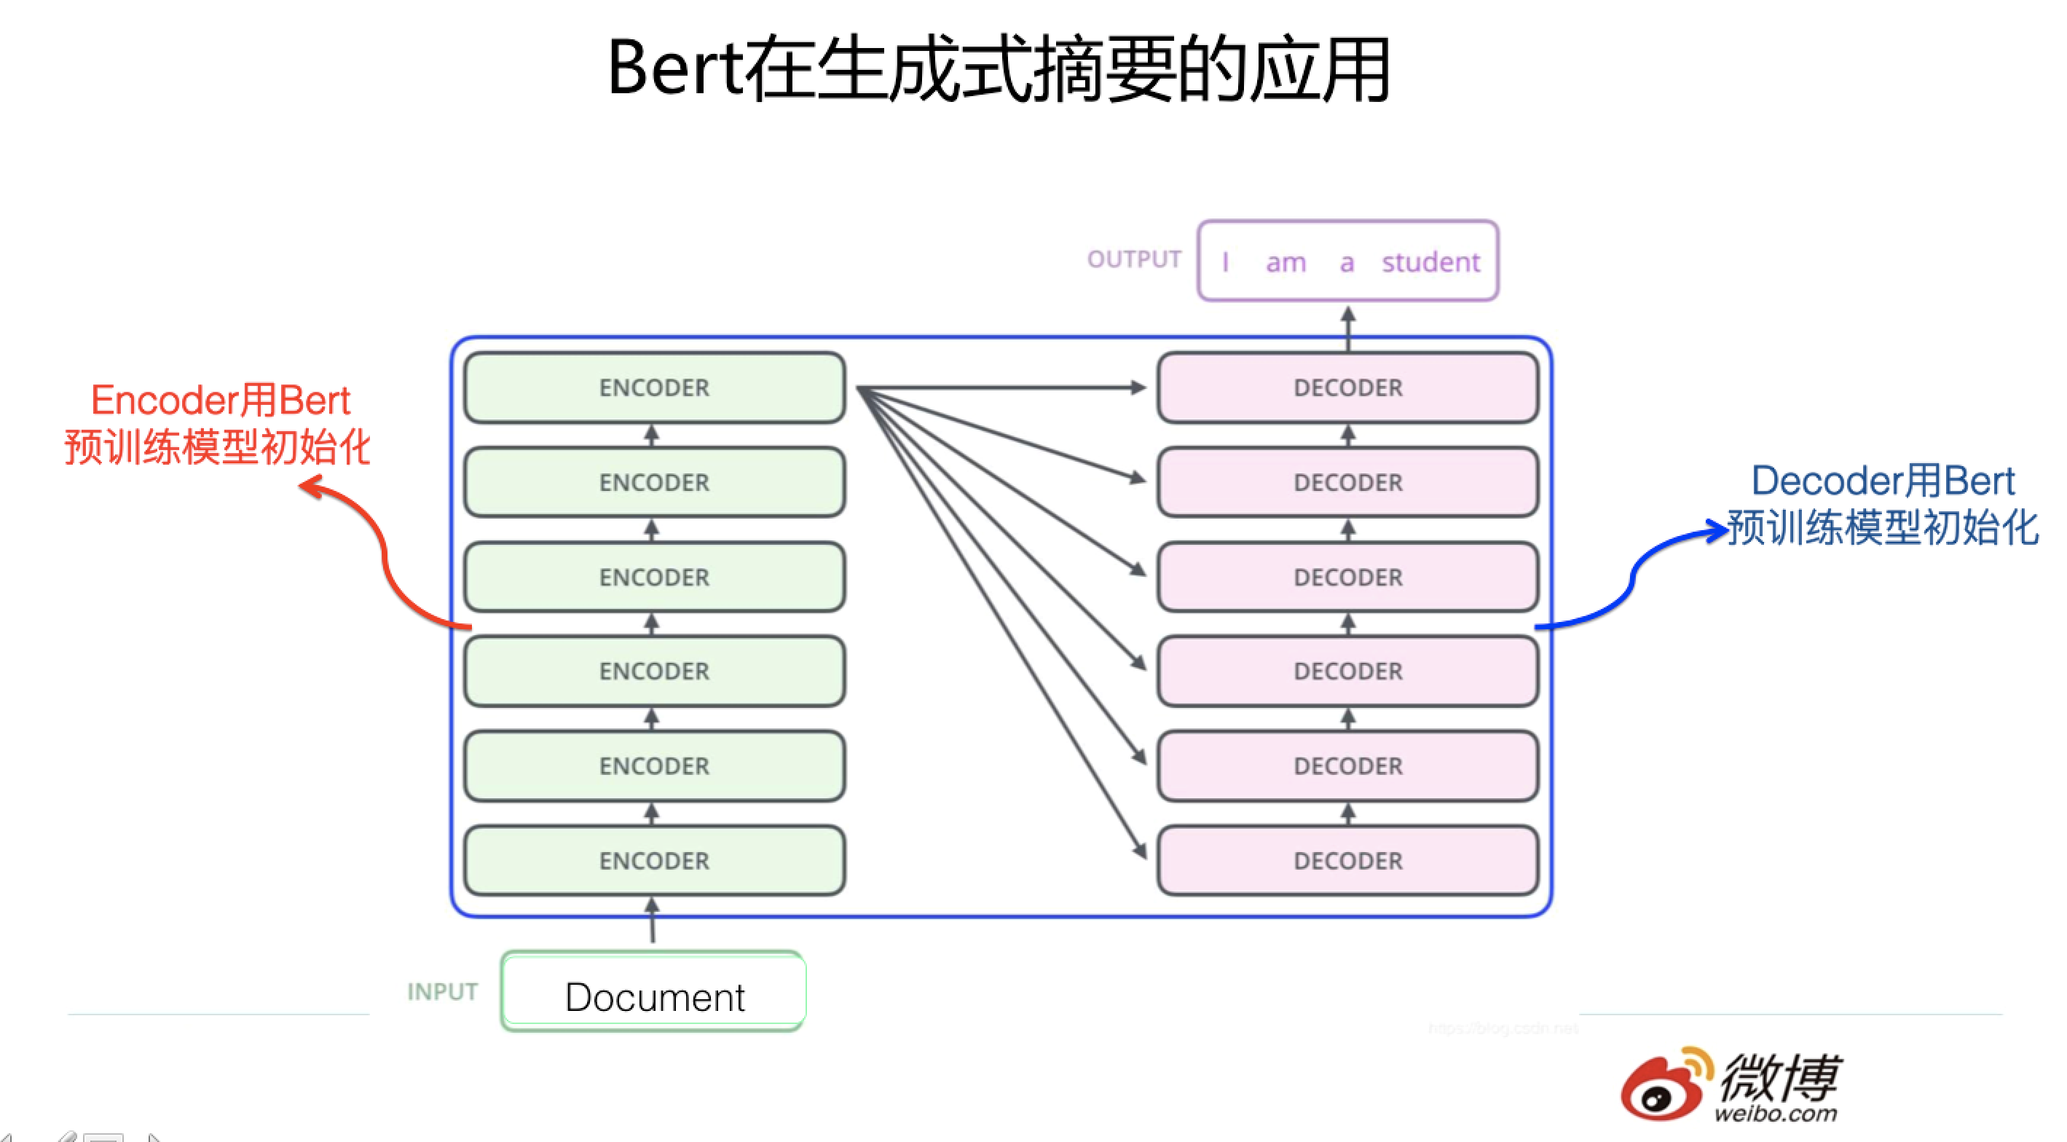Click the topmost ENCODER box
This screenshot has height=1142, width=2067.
coord(654,387)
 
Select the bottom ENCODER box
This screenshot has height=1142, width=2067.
coord(654,860)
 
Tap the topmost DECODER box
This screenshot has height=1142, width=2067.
coord(1347,387)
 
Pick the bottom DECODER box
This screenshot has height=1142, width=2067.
coord(1347,860)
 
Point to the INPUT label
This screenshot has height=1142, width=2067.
coord(442,992)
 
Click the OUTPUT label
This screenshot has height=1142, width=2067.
coord(1133,259)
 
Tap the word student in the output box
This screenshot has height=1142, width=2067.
coord(1430,262)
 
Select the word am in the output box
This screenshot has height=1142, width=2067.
coord(1286,263)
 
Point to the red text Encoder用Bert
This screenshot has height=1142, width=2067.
coord(221,401)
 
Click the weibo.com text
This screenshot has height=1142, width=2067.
coord(1775,1114)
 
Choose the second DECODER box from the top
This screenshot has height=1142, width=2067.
coord(1347,482)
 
